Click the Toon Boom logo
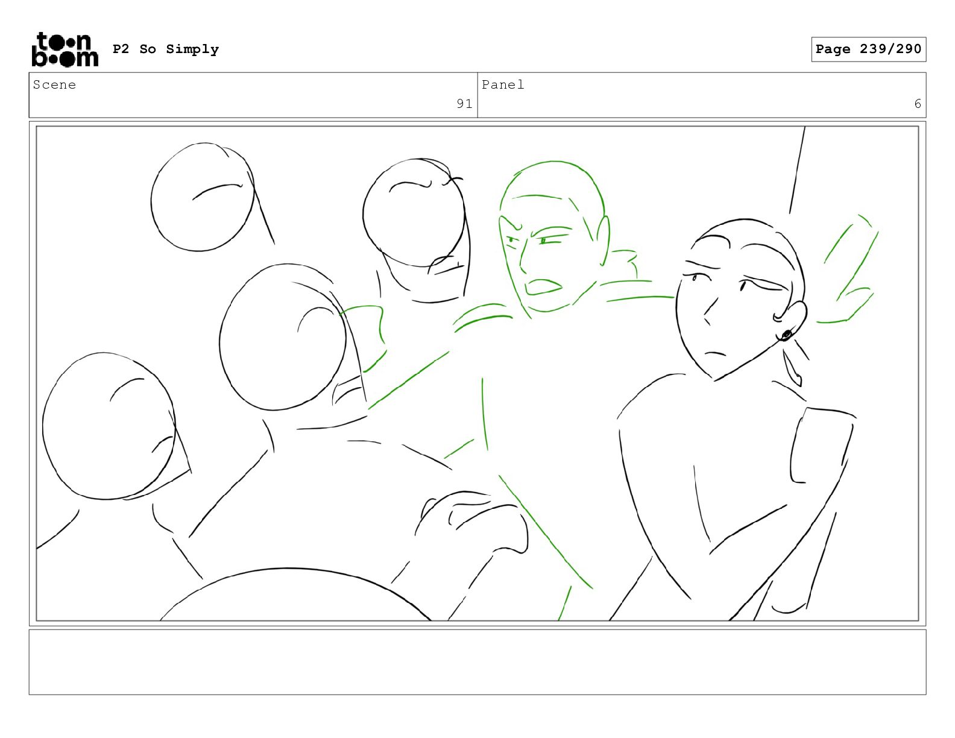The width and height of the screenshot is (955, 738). point(65,49)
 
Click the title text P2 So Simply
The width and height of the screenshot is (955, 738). point(166,49)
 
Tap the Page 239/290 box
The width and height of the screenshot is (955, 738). point(868,49)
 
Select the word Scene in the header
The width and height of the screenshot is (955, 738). point(54,84)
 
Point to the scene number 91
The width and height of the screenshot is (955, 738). point(464,104)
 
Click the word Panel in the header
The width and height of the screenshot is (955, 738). point(503,84)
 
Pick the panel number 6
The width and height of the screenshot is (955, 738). point(918,104)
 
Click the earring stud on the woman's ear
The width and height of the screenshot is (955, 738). point(786,335)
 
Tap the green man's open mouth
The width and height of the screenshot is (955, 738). point(544,286)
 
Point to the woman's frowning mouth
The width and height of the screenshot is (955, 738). point(715,353)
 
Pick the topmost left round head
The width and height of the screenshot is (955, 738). point(203,197)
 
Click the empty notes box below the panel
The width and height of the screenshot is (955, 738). point(478,662)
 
